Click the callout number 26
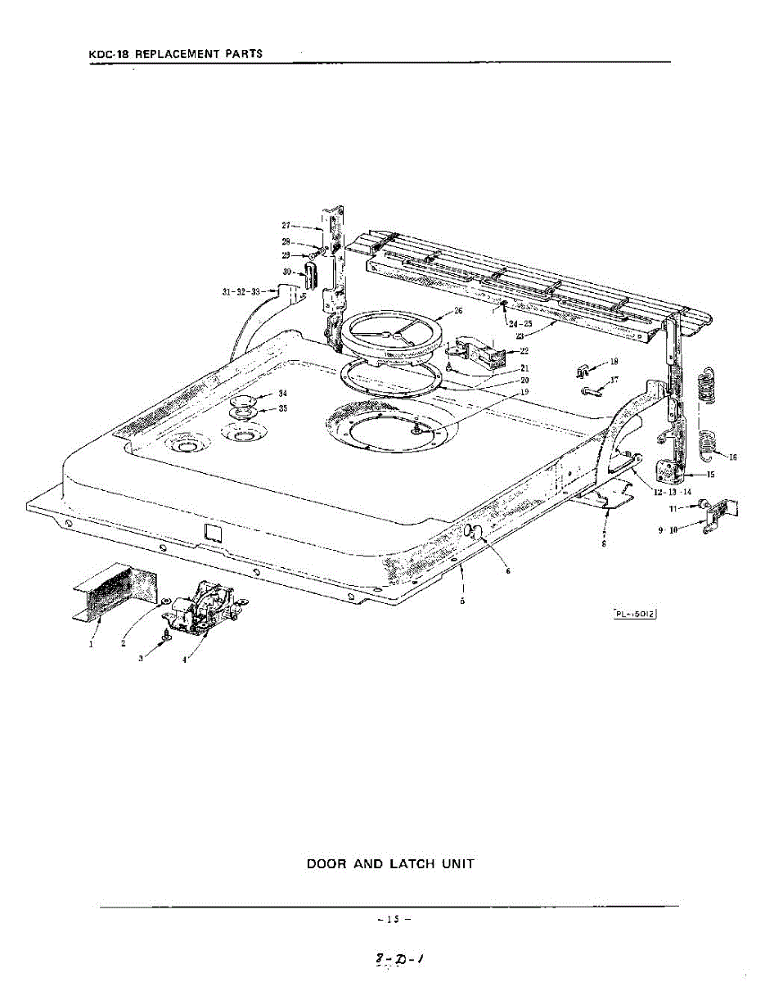pyautogui.click(x=458, y=311)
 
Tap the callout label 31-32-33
pyautogui.click(x=241, y=291)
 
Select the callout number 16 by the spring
pyautogui.click(x=732, y=457)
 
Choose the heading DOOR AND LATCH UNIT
pyautogui.click(x=390, y=864)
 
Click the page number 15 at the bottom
pyautogui.click(x=393, y=919)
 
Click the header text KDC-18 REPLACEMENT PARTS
pyautogui.click(x=176, y=54)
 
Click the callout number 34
pyautogui.click(x=282, y=394)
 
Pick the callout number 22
pyautogui.click(x=524, y=350)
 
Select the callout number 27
pyautogui.click(x=286, y=225)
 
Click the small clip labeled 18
pyautogui.click(x=584, y=370)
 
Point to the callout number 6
pyautogui.click(x=507, y=570)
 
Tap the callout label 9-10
pyautogui.click(x=668, y=530)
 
